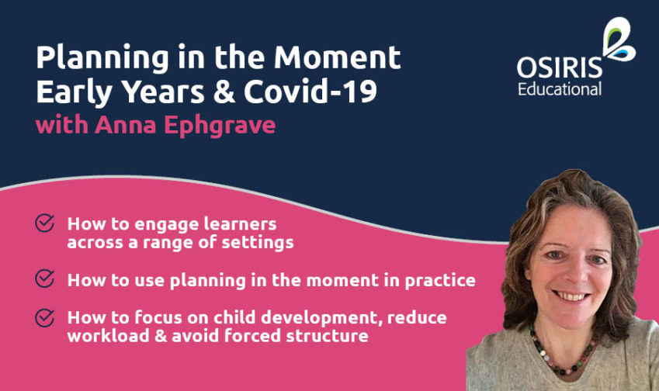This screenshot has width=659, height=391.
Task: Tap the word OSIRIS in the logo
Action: [x=560, y=68]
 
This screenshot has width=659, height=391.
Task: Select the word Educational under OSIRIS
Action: [x=560, y=89]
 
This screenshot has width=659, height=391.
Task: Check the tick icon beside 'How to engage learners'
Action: [x=45, y=224]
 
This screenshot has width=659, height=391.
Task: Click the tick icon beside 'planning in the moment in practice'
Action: [x=45, y=278]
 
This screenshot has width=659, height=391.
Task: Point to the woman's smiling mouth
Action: [x=573, y=296]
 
